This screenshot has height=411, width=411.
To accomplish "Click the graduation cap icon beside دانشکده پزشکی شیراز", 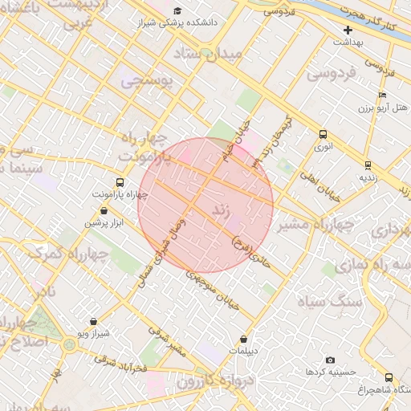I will pos(177,10).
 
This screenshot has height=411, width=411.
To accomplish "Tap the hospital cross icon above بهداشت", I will pos(348,29).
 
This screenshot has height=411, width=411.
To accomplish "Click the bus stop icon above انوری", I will pos(323,135).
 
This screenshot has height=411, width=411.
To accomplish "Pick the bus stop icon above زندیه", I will pos(367,165).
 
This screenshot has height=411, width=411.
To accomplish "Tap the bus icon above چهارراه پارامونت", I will pos(120,182).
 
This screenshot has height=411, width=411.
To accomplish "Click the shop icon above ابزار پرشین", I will pos(105,210).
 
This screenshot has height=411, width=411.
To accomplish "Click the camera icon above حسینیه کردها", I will pos(330,360).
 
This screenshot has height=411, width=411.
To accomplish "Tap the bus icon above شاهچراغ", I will pos(389,377).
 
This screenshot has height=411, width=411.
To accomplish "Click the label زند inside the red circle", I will pos(222,212).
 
